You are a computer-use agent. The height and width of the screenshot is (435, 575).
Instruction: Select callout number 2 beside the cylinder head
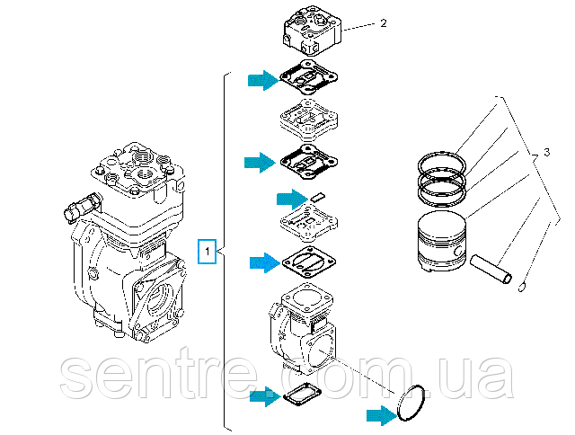point(383,22)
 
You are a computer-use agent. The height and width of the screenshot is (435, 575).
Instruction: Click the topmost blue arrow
point(264,80)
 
